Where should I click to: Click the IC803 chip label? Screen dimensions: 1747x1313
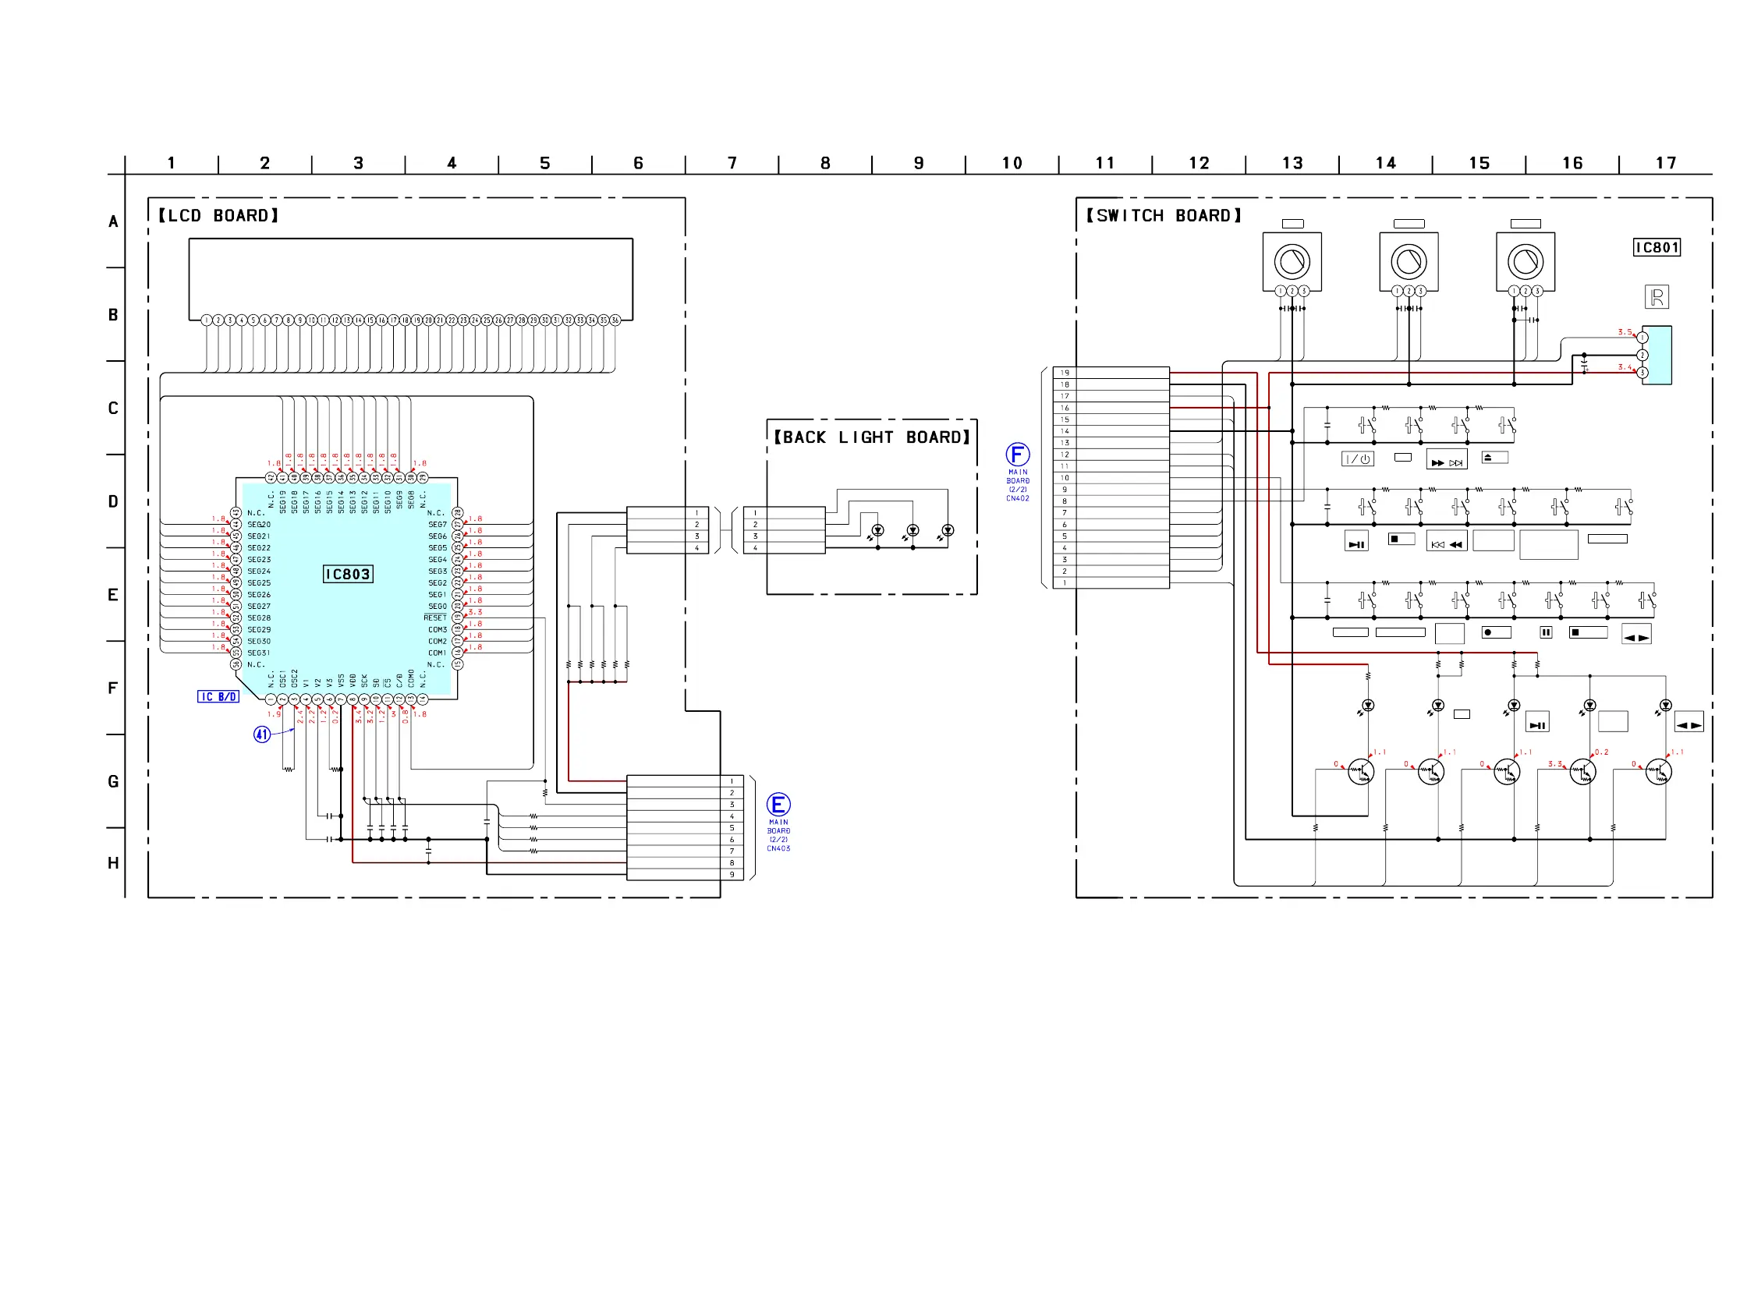tap(348, 574)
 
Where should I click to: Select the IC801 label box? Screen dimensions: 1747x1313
tap(1657, 248)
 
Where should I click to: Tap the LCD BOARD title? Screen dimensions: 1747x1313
tap(219, 215)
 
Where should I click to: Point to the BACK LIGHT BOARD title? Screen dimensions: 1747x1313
tap(871, 437)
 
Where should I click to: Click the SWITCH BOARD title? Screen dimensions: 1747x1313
tap(1164, 215)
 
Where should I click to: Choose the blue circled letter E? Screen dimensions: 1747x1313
tap(778, 805)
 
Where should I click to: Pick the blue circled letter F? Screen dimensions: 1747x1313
tap(1017, 454)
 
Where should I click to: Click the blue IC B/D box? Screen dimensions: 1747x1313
tap(218, 696)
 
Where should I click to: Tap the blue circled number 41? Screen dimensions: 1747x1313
tap(261, 734)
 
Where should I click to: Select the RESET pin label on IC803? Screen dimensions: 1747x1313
tap(435, 618)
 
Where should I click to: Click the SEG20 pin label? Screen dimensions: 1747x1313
tap(259, 524)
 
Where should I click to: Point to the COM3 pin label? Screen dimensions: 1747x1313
tap(438, 629)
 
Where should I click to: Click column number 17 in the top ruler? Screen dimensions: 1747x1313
tap(1665, 164)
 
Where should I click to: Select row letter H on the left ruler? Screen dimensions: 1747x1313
tap(113, 863)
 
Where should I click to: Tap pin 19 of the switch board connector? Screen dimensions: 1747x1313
tap(1065, 373)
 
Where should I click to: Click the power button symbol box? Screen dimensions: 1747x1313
tap(1357, 458)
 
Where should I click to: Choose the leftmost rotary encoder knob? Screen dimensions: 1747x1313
tap(1292, 260)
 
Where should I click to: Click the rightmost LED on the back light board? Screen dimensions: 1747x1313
tap(948, 529)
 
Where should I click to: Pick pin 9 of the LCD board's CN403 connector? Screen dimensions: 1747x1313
tap(732, 874)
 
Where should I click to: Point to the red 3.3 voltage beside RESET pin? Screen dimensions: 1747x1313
tap(475, 612)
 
